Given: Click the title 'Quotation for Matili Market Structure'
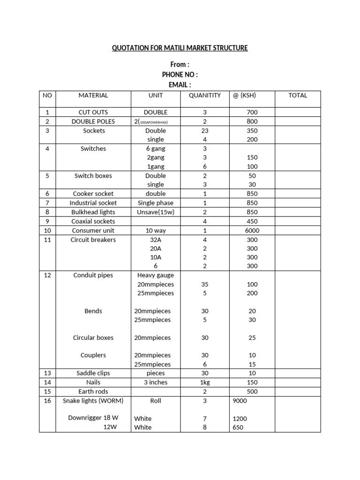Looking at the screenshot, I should click(180, 48).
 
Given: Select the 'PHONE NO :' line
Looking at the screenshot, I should click(180, 75).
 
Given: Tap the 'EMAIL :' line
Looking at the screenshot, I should click(180, 84).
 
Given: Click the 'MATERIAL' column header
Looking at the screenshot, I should click(93, 95).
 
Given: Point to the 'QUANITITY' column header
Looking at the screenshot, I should click(204, 95).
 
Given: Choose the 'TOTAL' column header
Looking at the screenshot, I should click(298, 95).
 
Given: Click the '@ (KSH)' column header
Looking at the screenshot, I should click(244, 95).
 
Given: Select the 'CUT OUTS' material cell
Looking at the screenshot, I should click(93, 112).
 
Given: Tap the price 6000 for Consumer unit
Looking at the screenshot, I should click(251, 231).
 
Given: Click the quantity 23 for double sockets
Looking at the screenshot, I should click(204, 131).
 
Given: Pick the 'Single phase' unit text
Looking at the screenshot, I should click(156, 203).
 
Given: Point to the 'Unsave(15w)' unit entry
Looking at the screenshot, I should click(156, 212).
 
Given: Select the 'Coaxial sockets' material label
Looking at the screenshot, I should click(93, 221).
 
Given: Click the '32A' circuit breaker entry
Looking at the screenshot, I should click(156, 240).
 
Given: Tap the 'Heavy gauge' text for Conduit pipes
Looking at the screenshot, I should click(156, 275).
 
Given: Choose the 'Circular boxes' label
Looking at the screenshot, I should click(93, 337).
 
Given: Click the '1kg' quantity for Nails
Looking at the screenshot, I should click(204, 382).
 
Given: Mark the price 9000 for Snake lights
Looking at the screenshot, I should click(240, 401).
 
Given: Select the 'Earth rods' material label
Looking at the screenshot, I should click(93, 391).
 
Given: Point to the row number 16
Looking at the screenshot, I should click(47, 401).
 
